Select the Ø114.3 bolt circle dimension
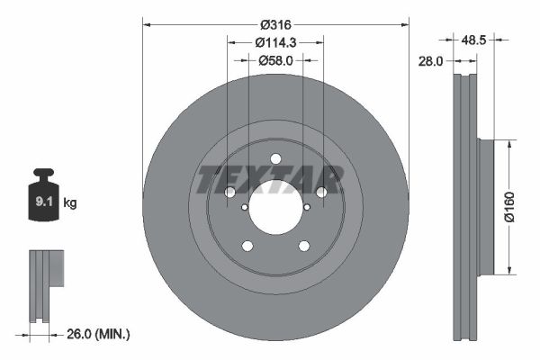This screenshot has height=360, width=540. click(x=275, y=42)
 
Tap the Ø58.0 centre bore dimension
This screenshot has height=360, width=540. click(x=275, y=60)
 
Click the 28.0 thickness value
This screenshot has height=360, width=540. click(x=433, y=60)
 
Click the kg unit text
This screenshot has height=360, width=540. click(x=70, y=203)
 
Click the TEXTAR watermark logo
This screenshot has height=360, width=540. click(x=270, y=179)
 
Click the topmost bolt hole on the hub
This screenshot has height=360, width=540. click(x=275, y=160)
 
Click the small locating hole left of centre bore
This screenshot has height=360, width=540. click(x=244, y=207)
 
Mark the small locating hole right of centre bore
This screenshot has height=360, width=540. click(x=307, y=207)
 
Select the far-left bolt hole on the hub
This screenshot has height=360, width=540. click(x=230, y=193)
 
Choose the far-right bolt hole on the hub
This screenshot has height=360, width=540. click(x=320, y=193)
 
